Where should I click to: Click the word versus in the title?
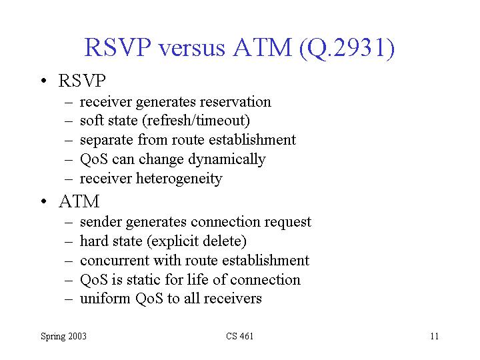pos(191,48)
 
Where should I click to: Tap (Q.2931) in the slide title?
pos(347,48)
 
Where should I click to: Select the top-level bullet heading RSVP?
pos(82,81)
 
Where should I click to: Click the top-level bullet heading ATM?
pos(79,201)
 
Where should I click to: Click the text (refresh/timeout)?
pos(196,121)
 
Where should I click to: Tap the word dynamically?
pos(227,159)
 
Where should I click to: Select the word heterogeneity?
pos(179,179)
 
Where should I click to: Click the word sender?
pos(101,221)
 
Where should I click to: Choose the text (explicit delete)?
pos(197,241)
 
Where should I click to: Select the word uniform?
pos(105,299)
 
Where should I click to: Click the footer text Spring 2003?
pos(64,337)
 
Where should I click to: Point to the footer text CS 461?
pos(240,336)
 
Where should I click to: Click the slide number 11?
pos(435,336)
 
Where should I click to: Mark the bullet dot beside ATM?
pos(44,201)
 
